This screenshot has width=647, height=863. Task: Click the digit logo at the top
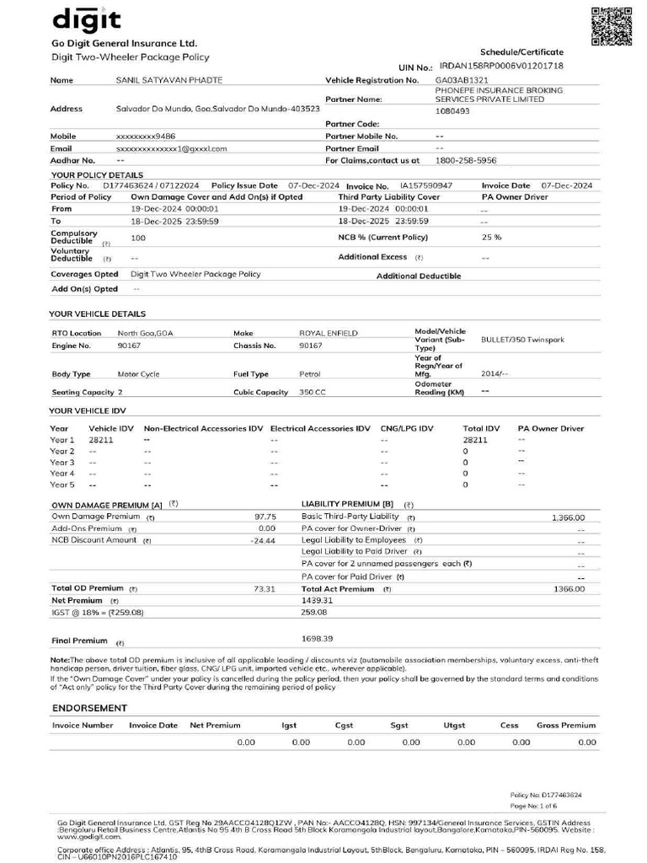[87, 19]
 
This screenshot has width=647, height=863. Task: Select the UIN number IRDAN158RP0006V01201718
[513, 66]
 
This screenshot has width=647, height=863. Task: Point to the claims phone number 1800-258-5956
[465, 159]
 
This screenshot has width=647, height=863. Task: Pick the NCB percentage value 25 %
[491, 238]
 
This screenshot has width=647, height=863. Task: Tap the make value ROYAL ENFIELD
[329, 334]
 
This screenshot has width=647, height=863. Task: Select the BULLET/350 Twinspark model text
[522, 340]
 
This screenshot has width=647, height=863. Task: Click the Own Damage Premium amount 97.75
[265, 517]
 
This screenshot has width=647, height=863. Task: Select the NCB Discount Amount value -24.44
[263, 540]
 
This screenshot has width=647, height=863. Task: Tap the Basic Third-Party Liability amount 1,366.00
[568, 517]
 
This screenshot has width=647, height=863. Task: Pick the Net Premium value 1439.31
[318, 600]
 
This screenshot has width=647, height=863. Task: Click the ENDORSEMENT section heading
[89, 708]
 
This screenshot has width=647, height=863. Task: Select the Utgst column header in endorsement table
[454, 725]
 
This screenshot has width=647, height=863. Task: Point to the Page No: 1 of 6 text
[534, 807]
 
